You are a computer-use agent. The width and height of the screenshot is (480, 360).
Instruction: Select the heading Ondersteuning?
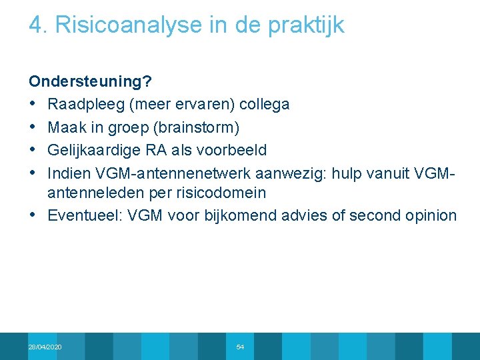(x=90, y=82)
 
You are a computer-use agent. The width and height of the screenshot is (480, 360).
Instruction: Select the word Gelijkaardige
(x=95, y=149)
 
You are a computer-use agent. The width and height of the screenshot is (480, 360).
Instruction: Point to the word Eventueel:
(x=85, y=215)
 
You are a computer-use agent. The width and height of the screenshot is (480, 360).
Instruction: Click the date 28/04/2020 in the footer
(x=45, y=347)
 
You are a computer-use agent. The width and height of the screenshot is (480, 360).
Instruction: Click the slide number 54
(x=240, y=347)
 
